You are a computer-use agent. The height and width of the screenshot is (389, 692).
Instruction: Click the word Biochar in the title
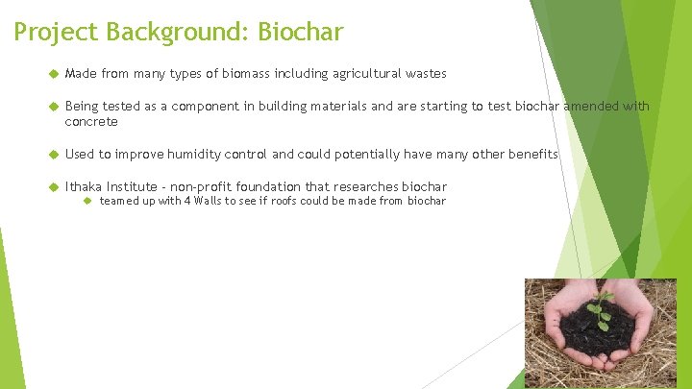pyautogui.click(x=299, y=33)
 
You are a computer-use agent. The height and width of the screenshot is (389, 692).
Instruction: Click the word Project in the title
pyautogui.click(x=56, y=33)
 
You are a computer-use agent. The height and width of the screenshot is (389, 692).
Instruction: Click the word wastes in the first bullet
pyautogui.click(x=425, y=74)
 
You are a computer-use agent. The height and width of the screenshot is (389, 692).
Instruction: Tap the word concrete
pyautogui.click(x=91, y=122)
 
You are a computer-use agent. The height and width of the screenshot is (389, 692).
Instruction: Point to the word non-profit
pyautogui.click(x=204, y=185)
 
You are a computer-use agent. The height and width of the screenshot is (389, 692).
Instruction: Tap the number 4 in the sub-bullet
pyautogui.click(x=192, y=201)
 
